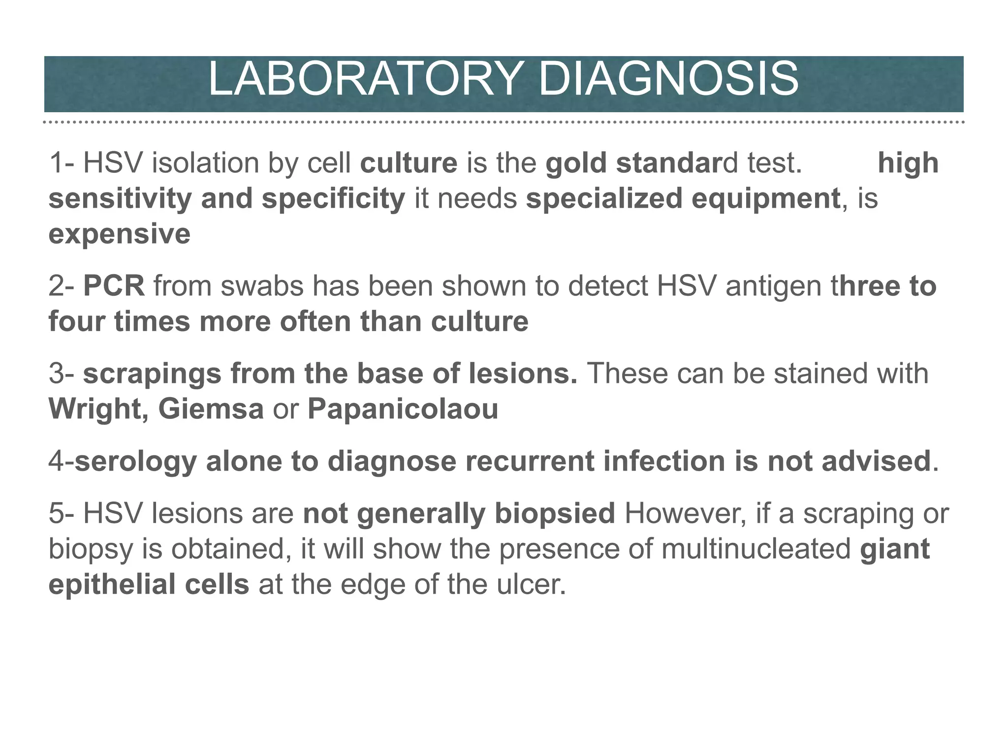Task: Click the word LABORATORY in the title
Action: click(x=364, y=80)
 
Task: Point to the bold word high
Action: click(x=908, y=163)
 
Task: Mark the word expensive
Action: click(x=119, y=234)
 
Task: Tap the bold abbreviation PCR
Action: click(x=114, y=286)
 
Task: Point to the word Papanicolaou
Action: click(x=403, y=409)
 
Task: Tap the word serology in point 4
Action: click(x=135, y=462)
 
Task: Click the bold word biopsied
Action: click(x=555, y=514)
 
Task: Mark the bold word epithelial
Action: click(x=111, y=585)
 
